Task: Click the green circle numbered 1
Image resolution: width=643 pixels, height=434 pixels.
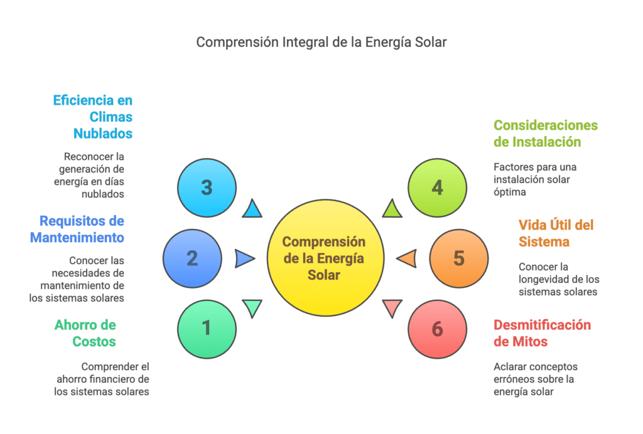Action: [x=207, y=329]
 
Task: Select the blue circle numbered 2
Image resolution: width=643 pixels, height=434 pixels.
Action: [x=192, y=258]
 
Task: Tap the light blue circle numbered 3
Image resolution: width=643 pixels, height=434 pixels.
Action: [x=207, y=188]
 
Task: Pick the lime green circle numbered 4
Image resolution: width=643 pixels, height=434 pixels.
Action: [x=437, y=188]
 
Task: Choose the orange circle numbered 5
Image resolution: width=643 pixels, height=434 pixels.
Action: [x=459, y=258]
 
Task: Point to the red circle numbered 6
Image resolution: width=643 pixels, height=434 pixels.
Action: [x=437, y=329]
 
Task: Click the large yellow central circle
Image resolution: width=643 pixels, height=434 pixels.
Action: [x=325, y=258]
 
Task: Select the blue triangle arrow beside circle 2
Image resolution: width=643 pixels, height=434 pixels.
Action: [x=244, y=258]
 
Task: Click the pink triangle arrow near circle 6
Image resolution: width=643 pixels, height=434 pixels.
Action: [x=392, y=307]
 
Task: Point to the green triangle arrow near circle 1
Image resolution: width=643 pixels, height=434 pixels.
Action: [x=252, y=307]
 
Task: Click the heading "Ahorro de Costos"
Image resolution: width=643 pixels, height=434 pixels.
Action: [x=85, y=333]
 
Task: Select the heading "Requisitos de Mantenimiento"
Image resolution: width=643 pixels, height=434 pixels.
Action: [x=77, y=229]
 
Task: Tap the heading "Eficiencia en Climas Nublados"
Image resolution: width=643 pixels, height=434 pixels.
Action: [x=93, y=117]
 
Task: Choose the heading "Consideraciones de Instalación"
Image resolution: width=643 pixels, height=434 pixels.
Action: [x=546, y=134]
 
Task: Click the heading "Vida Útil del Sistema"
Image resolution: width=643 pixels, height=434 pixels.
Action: [x=556, y=233]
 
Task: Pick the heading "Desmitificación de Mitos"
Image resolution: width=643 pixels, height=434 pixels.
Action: [x=542, y=333]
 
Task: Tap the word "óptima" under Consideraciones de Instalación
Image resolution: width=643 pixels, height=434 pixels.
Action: [x=510, y=192]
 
